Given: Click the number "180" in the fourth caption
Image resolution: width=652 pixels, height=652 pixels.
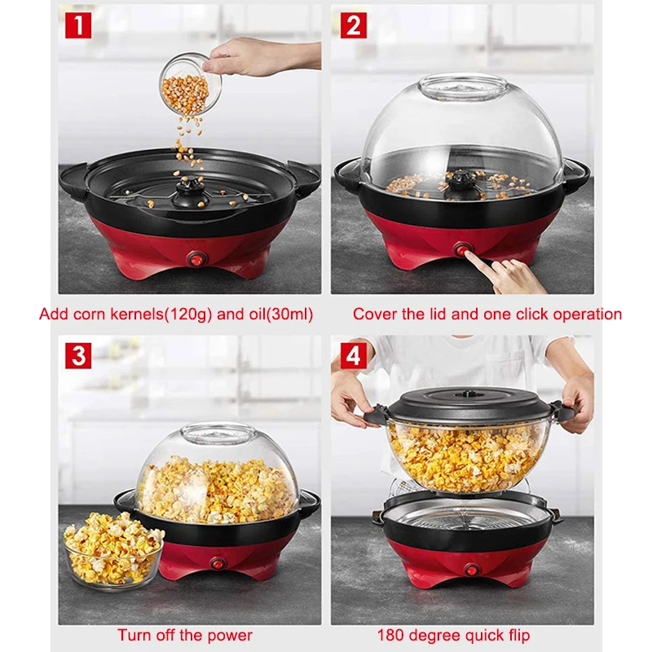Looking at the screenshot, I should click(x=390, y=635).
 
